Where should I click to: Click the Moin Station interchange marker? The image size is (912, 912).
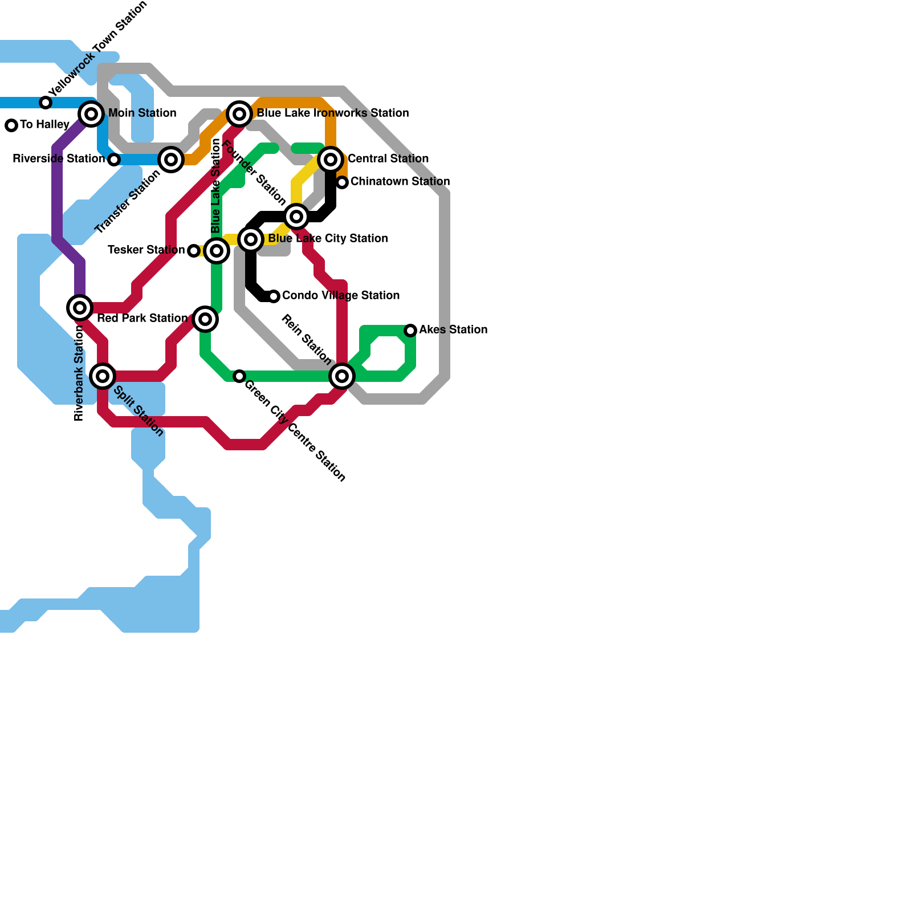[x=91, y=114]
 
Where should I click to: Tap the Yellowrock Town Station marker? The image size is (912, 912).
[x=46, y=103]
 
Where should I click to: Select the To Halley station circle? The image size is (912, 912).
[x=11, y=125]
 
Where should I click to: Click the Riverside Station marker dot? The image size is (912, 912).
[x=114, y=160]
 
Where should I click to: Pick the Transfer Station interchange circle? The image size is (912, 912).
[x=171, y=160]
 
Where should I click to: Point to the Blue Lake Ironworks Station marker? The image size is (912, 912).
[x=239, y=114]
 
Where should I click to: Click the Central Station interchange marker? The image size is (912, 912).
[x=331, y=160]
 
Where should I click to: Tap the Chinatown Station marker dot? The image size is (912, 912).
[x=342, y=182]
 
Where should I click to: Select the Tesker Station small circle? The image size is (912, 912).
[x=194, y=251]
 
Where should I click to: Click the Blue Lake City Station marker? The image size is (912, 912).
[x=251, y=239]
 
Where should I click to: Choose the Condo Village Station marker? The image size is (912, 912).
[x=274, y=296]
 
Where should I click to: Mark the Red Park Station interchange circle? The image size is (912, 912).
[x=205, y=319]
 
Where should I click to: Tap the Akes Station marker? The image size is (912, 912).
[x=410, y=331]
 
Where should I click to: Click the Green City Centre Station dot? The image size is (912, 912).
[x=239, y=376]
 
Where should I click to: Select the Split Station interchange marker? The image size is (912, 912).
[x=103, y=376]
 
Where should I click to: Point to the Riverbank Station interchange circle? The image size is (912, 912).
[x=80, y=308]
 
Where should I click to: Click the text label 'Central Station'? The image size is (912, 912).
[x=388, y=158]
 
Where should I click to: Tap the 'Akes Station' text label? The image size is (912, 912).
[x=453, y=329]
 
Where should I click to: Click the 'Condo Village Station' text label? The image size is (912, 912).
[x=341, y=295]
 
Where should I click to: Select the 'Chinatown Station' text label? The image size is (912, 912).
[x=400, y=181]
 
